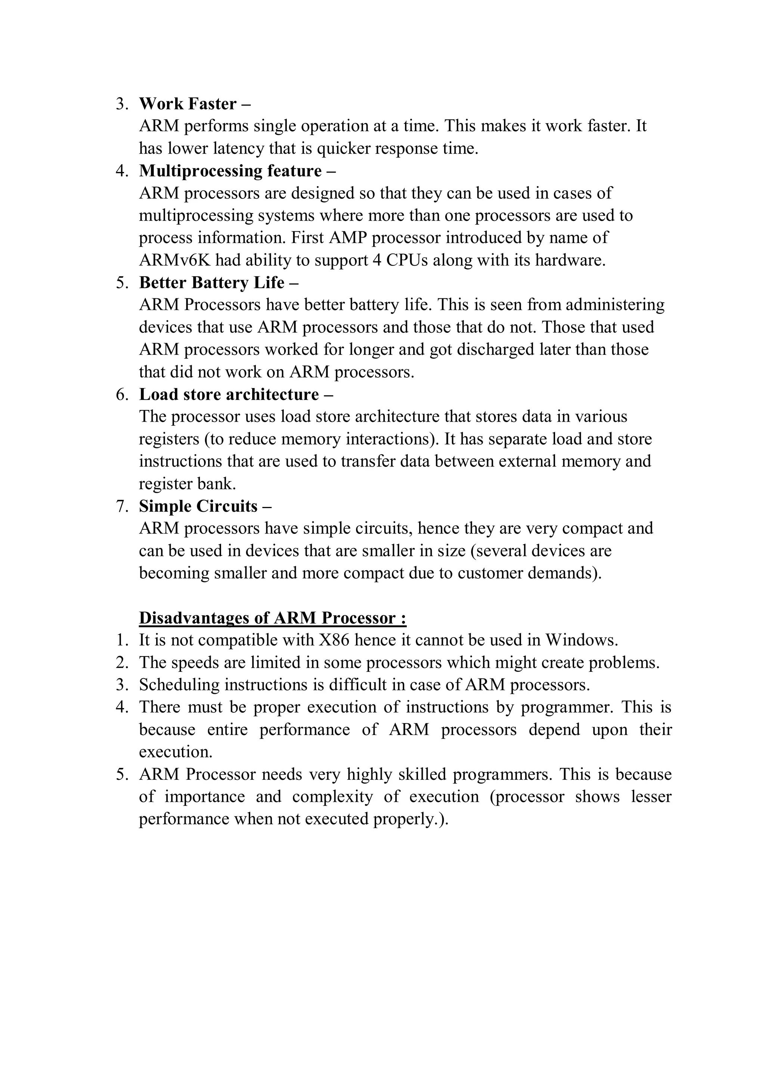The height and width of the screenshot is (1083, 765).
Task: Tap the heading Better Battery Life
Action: pos(212,283)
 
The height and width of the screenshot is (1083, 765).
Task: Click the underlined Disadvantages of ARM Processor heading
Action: pos(272,618)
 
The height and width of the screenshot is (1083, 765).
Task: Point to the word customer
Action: pos(490,573)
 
